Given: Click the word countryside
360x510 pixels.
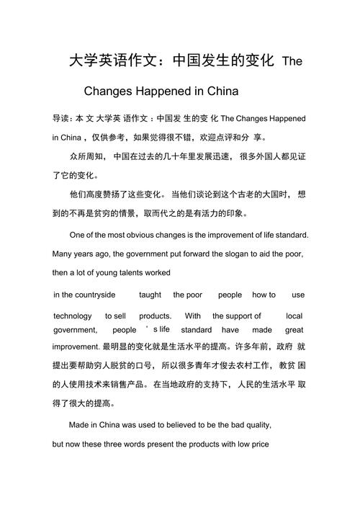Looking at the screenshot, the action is (x=85, y=295).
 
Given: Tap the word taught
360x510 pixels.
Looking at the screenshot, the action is (x=150, y=295).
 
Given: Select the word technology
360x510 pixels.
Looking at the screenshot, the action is (x=73, y=316).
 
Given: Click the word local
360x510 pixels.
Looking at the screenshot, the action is (x=294, y=316).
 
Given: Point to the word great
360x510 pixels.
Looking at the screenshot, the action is (x=294, y=330).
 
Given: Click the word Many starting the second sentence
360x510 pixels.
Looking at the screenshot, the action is (x=63, y=254).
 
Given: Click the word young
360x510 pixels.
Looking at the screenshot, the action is (x=99, y=273).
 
